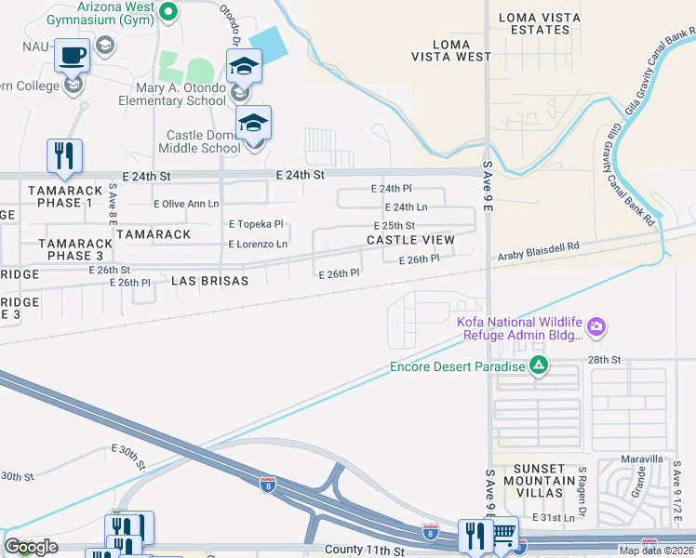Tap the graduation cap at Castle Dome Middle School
tap(254, 122)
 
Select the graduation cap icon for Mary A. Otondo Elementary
tap(245, 66)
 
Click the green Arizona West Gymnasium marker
tap(168, 11)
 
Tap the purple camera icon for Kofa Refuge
tap(596, 326)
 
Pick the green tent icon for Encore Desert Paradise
tap(538, 365)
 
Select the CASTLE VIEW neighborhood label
tap(410, 240)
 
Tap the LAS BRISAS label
tap(210, 280)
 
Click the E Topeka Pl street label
tap(256, 225)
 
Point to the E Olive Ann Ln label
tap(186, 204)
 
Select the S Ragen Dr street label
tap(582, 485)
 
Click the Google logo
tap(32, 547)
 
